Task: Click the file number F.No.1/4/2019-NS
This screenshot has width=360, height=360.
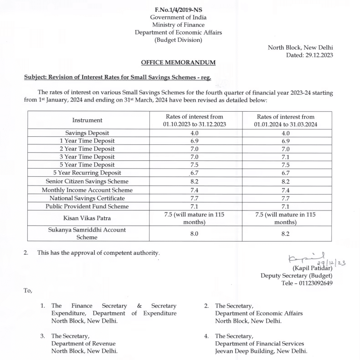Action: point(178,10)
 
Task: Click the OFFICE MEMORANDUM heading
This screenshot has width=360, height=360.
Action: point(178,62)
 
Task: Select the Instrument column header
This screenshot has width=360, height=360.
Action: point(87,120)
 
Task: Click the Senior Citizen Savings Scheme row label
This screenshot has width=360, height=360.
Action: point(87,181)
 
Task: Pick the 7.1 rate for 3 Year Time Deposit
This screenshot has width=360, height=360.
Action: point(286,157)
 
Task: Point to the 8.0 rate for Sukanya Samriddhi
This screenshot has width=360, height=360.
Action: point(194,234)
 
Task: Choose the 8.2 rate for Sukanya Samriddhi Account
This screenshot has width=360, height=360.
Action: point(286,234)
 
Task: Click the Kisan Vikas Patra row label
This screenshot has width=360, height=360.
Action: point(87,218)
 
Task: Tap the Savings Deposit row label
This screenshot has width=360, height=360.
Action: point(87,133)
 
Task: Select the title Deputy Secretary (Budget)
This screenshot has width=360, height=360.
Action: point(297,275)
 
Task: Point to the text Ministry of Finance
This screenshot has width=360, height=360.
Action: point(178,25)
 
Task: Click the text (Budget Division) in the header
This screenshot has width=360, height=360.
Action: point(178,40)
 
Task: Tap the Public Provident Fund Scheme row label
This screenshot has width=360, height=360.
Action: point(87,206)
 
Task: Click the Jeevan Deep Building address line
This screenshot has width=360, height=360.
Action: point(261,351)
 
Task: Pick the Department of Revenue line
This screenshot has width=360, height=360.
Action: point(83,344)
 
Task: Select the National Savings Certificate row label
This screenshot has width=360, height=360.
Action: point(87,198)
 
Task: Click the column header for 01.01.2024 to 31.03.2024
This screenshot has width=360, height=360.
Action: point(286,120)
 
